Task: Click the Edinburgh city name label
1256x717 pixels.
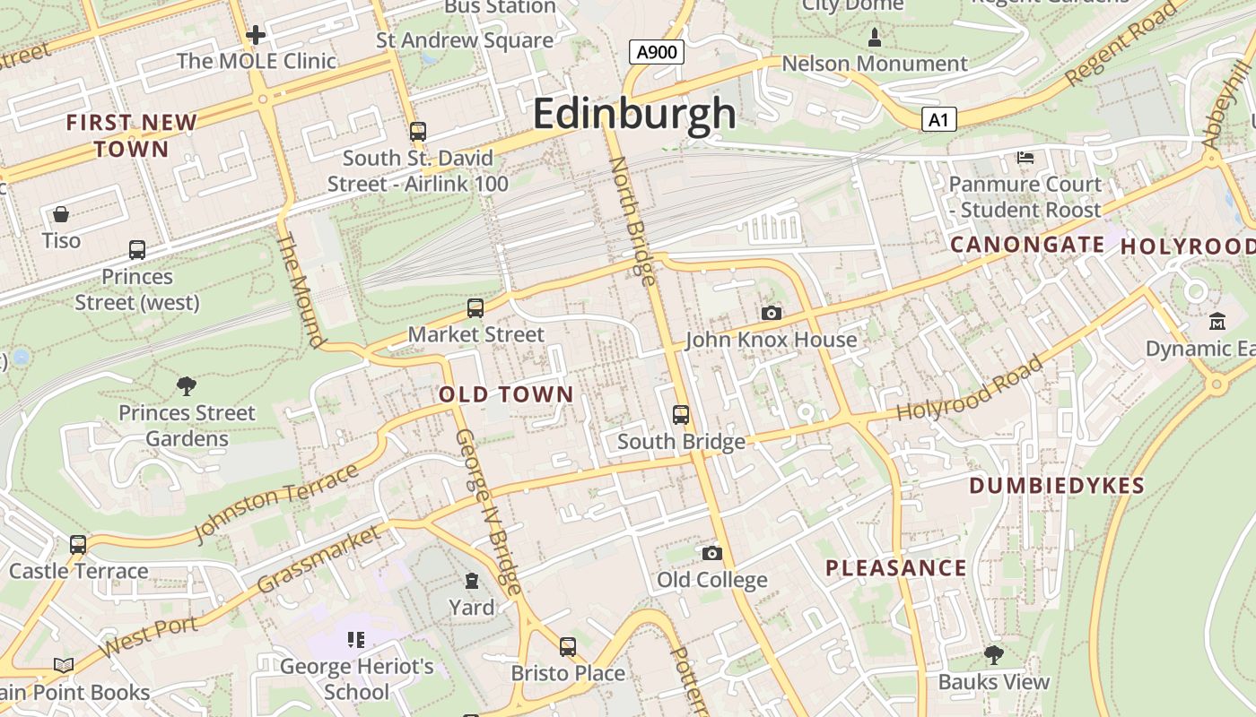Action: click(634, 114)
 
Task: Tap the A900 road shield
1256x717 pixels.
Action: click(656, 52)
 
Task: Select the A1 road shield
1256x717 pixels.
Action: click(938, 119)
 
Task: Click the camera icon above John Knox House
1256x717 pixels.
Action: click(771, 313)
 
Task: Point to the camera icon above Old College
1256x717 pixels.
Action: click(712, 553)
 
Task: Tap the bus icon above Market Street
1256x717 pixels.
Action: click(475, 308)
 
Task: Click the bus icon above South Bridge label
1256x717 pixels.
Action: click(681, 415)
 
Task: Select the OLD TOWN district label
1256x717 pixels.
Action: click(506, 394)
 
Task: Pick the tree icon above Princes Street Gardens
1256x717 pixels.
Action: click(187, 386)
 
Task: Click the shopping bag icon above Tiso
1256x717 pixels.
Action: click(61, 214)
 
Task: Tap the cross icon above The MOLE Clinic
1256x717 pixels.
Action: click(256, 35)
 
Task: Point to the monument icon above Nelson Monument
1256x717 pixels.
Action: click(875, 38)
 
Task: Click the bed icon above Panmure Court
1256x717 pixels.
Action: click(1025, 158)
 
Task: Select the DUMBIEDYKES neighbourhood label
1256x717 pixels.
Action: click(1057, 486)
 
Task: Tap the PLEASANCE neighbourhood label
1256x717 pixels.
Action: click(895, 567)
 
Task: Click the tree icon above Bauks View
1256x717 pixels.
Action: click(993, 655)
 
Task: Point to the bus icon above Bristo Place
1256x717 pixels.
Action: click(568, 646)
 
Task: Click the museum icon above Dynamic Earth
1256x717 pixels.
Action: click(1217, 322)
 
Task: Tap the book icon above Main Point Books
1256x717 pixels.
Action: click(63, 665)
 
